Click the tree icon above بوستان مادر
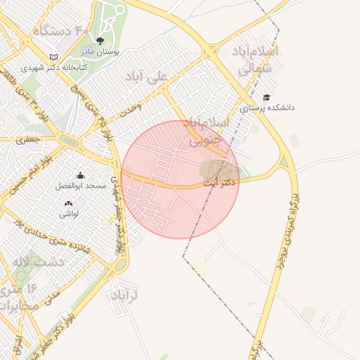tap(99, 41)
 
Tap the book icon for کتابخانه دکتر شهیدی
tap(54, 57)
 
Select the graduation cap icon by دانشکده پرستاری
tap(266, 97)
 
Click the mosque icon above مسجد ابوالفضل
tap(80, 176)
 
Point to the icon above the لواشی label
tap(77, 202)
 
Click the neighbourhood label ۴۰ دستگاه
tap(60, 30)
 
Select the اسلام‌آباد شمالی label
tap(254, 60)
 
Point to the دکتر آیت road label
tap(220, 182)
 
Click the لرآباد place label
tap(124, 296)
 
